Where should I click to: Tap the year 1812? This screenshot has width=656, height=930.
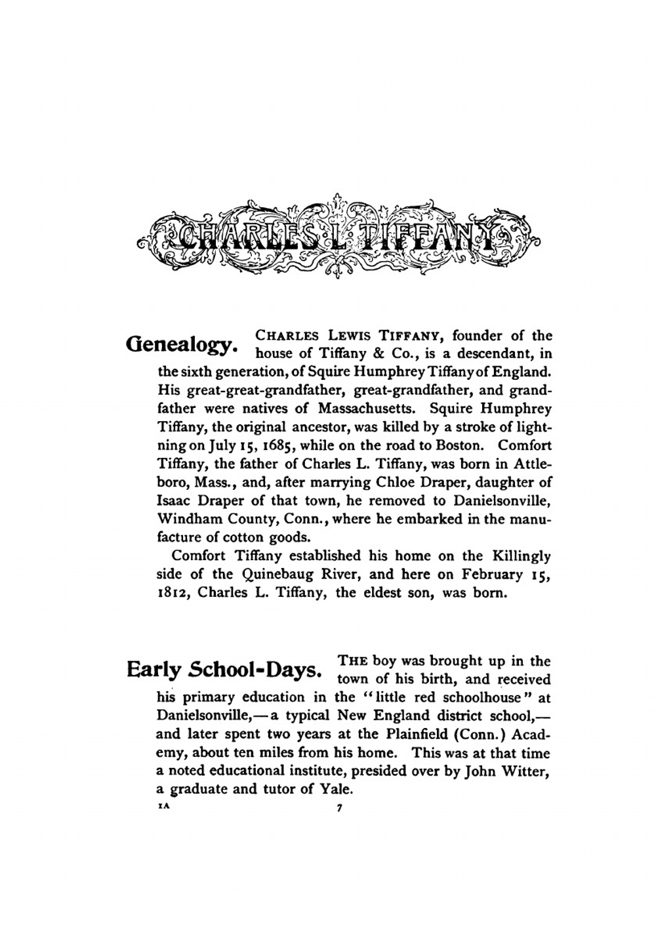(174, 593)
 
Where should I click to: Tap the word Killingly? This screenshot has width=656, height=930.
(518, 556)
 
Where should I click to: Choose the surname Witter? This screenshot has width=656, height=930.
(525, 771)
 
